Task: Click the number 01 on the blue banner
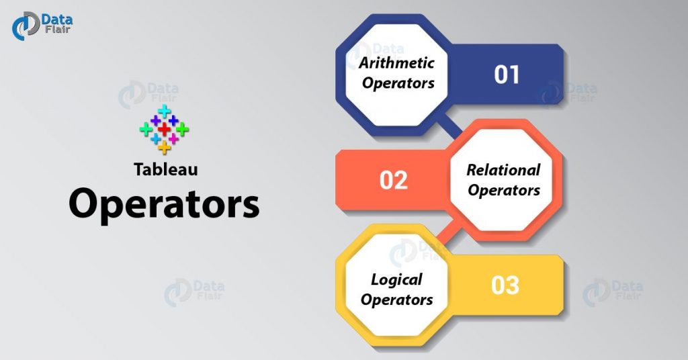pos(507,75)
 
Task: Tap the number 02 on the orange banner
pos(394,180)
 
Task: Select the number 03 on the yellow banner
pos(505,285)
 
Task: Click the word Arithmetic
pos(396,62)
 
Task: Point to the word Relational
pos(503,170)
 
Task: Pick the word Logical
pos(396,280)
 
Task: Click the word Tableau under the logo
pos(166,169)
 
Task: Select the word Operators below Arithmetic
pos(398,83)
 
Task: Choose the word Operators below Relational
pos(504,190)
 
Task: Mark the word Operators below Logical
pos(396,300)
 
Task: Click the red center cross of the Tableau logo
pos(164,129)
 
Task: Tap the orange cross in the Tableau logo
pos(164,147)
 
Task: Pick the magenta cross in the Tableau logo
pos(173,138)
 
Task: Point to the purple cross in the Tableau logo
pos(155,120)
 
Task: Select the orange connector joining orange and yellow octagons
pos(449,232)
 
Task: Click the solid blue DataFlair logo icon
pos(26,26)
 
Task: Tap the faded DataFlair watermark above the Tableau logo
pos(148,94)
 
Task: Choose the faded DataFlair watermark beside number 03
pos(613,291)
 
